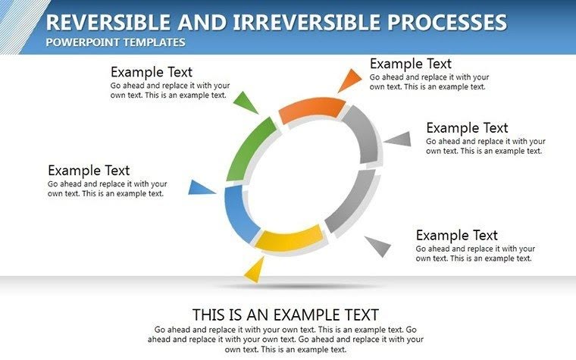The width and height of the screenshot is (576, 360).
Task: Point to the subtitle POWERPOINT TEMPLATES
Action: point(115,42)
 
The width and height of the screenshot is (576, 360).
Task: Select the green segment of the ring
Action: point(246,148)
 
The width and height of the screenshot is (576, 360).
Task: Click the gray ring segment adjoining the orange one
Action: point(363,136)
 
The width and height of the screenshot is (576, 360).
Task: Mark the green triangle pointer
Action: point(246,103)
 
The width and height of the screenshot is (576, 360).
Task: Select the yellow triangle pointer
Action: point(255,269)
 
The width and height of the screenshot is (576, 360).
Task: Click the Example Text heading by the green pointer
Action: point(152,72)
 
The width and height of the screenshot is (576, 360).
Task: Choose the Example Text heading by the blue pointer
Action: point(89,171)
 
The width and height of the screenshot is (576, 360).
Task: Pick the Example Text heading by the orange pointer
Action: point(410,64)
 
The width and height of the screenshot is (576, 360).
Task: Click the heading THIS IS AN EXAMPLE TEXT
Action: point(285,315)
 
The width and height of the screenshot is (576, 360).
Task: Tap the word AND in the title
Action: point(183,22)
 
